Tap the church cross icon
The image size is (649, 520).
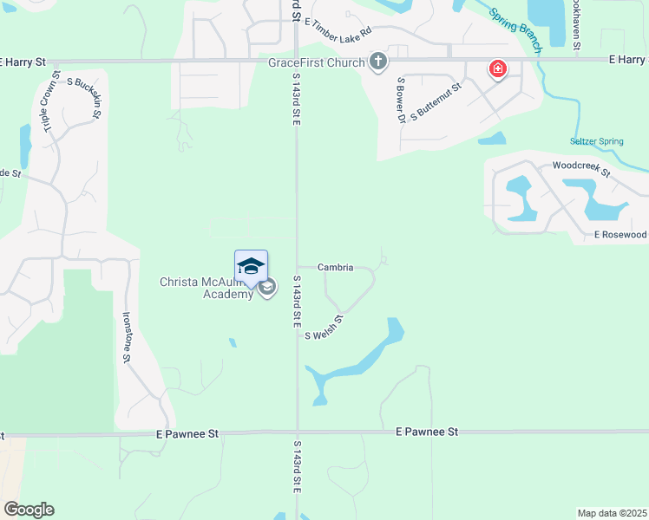pos(377,62)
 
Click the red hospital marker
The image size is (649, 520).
pos(497,68)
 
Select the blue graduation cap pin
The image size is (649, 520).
pos(251,267)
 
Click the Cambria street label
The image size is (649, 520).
pos(335,268)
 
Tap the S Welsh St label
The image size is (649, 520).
pos(324,328)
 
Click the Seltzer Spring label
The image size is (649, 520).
pos(596,141)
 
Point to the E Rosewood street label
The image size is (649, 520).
pos(620,235)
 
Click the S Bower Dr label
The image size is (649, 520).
pos(401,100)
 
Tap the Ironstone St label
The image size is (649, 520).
pos(127,337)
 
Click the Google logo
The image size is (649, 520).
pos(29,510)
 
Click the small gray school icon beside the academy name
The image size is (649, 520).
pos(268,288)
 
